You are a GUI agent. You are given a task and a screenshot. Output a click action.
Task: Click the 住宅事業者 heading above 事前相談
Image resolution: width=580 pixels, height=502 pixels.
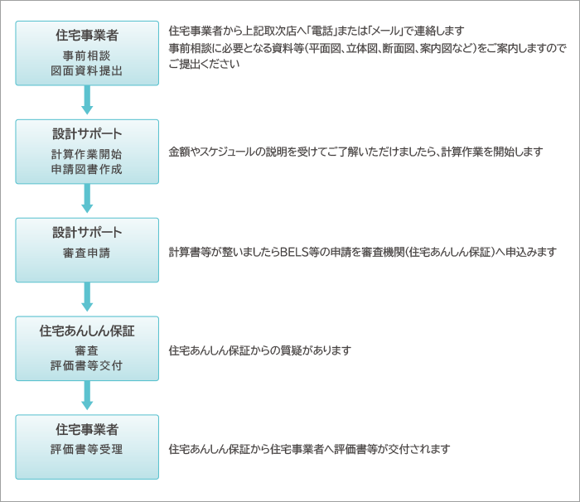[87, 35]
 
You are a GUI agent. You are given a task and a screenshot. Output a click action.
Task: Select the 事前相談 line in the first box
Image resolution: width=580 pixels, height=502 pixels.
[86, 56]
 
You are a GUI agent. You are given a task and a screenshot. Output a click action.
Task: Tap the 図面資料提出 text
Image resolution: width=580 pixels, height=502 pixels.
[86, 70]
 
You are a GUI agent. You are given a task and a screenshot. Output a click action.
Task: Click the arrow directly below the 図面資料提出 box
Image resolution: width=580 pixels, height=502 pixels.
[87, 100]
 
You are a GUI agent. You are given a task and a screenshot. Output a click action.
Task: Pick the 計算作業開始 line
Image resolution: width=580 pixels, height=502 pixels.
[86, 154]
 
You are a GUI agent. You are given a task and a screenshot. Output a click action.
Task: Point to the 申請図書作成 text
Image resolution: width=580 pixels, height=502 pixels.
[86, 169]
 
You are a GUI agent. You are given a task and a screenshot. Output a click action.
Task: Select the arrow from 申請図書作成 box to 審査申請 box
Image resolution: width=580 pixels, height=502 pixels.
[87, 198]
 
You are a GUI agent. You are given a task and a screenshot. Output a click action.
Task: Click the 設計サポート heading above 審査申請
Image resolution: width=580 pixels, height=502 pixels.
[87, 232]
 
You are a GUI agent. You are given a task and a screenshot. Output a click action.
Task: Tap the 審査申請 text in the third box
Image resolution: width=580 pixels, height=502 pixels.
[86, 253]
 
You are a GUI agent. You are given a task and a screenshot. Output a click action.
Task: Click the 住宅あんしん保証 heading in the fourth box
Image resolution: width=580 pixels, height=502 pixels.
[87, 331]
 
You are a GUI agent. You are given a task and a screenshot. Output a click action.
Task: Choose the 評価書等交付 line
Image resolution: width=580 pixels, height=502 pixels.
[86, 365]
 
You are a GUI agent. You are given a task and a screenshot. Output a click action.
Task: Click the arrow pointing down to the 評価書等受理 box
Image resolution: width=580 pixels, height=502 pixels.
[87, 395]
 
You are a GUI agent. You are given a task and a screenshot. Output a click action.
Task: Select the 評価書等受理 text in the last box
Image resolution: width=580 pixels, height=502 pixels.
[86, 449]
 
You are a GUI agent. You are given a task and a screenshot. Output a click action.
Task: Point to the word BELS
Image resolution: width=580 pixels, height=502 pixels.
[294, 252]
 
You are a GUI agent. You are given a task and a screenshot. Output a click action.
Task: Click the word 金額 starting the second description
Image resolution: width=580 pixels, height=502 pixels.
[180, 152]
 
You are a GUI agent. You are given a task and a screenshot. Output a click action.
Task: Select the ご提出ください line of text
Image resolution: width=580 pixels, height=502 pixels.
[204, 64]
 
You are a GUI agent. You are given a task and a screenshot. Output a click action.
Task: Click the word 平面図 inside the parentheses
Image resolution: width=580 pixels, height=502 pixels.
[325, 49]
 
